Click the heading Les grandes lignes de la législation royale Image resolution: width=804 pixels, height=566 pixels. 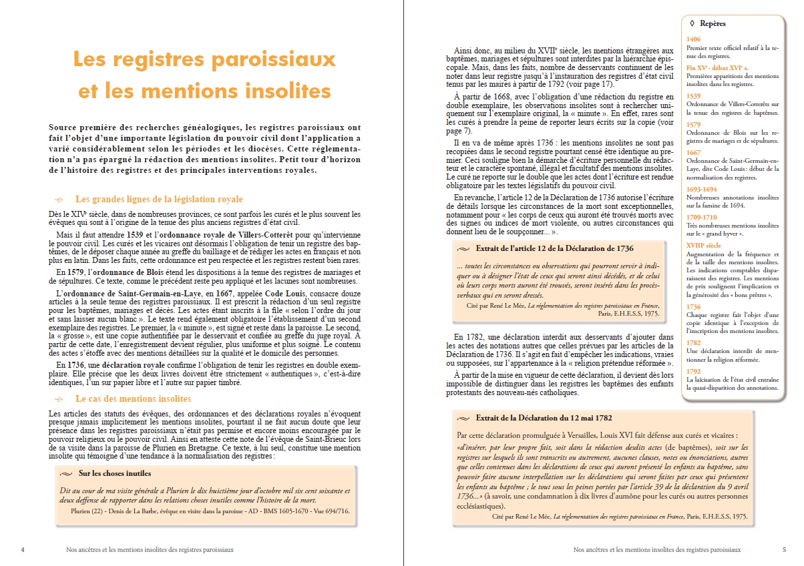[159, 199]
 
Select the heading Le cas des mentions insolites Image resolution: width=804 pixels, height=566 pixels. [134, 398]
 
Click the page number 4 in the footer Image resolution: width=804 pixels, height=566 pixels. [23, 550]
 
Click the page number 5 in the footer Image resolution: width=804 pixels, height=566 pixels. [783, 550]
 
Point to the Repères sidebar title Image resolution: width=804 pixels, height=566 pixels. [713, 24]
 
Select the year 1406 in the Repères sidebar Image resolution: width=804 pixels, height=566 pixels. [693, 39]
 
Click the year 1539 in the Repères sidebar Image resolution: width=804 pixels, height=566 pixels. [693, 95]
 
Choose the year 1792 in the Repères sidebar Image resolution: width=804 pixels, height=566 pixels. [693, 371]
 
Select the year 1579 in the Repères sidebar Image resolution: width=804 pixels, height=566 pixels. [693, 124]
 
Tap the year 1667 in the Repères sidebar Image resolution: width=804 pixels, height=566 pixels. [693, 152]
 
